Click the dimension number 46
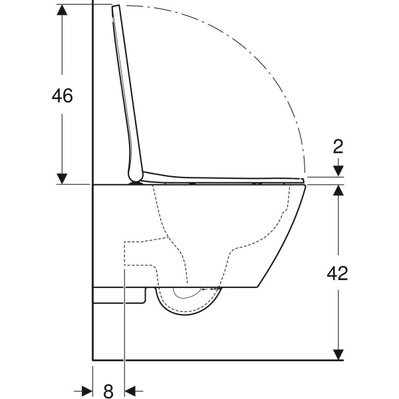click(x=63, y=96)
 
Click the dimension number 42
click(x=337, y=273)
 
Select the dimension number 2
click(x=338, y=146)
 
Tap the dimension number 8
click(x=108, y=390)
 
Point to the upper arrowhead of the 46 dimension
click(x=62, y=10)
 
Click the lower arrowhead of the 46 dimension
click(x=62, y=179)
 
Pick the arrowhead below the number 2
click(x=338, y=171)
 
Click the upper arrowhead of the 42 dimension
click(x=338, y=190)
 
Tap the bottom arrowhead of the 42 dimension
click(x=338, y=354)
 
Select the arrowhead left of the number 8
click(x=87, y=390)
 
